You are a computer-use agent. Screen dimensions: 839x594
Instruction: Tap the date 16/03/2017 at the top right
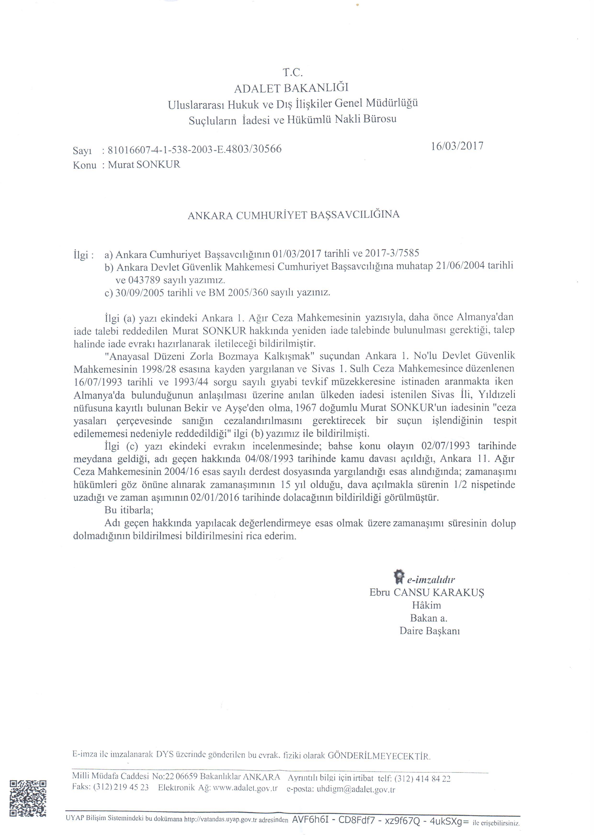pos(457,146)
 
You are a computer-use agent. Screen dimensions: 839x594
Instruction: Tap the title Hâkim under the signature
pos(426,605)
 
